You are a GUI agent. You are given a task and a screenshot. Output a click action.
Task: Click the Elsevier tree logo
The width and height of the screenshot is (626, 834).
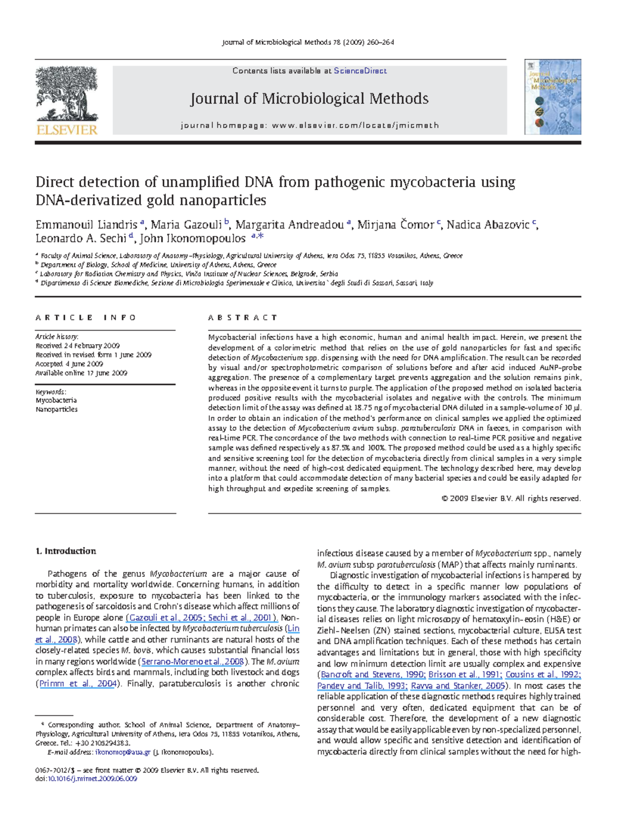tap(66, 94)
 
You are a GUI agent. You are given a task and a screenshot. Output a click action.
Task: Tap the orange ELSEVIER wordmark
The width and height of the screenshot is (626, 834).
tap(67, 130)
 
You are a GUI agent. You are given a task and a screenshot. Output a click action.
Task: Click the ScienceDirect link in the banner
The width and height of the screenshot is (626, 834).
tap(360, 71)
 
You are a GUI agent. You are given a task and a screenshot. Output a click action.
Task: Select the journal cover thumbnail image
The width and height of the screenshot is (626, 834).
tap(552, 97)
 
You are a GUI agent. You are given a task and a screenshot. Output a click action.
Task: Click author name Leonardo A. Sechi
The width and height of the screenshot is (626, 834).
tap(81, 238)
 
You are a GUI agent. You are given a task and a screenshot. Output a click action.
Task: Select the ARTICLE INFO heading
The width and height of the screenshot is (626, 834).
tap(86, 318)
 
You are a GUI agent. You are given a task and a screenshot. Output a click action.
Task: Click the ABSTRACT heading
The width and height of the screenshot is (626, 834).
tap(243, 318)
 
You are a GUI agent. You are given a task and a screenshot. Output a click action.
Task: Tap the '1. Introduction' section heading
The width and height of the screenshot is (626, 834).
tap(66, 551)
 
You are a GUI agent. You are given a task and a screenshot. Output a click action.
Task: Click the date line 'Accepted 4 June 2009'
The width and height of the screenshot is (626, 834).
tap(69, 364)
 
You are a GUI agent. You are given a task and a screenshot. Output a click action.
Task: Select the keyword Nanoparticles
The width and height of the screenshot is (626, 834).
tap(56, 409)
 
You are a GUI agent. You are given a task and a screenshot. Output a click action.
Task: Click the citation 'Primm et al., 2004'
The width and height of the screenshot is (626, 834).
tap(77, 684)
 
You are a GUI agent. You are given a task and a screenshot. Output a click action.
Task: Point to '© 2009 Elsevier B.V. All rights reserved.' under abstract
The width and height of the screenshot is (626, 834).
tap(511, 499)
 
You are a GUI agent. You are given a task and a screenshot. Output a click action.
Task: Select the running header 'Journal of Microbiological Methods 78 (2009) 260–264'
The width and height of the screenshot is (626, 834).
tap(308, 42)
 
